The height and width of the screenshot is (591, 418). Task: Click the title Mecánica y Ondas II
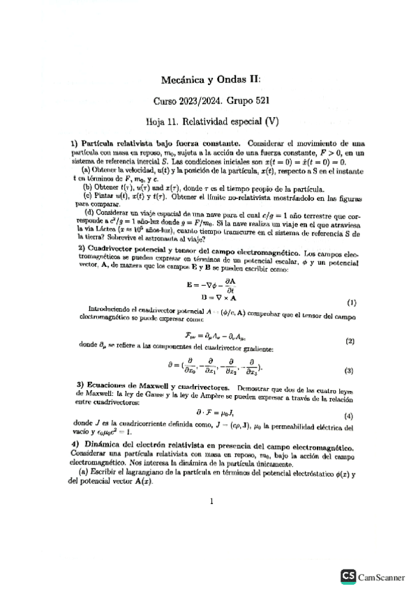209,80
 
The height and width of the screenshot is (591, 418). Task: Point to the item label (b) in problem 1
88,187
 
